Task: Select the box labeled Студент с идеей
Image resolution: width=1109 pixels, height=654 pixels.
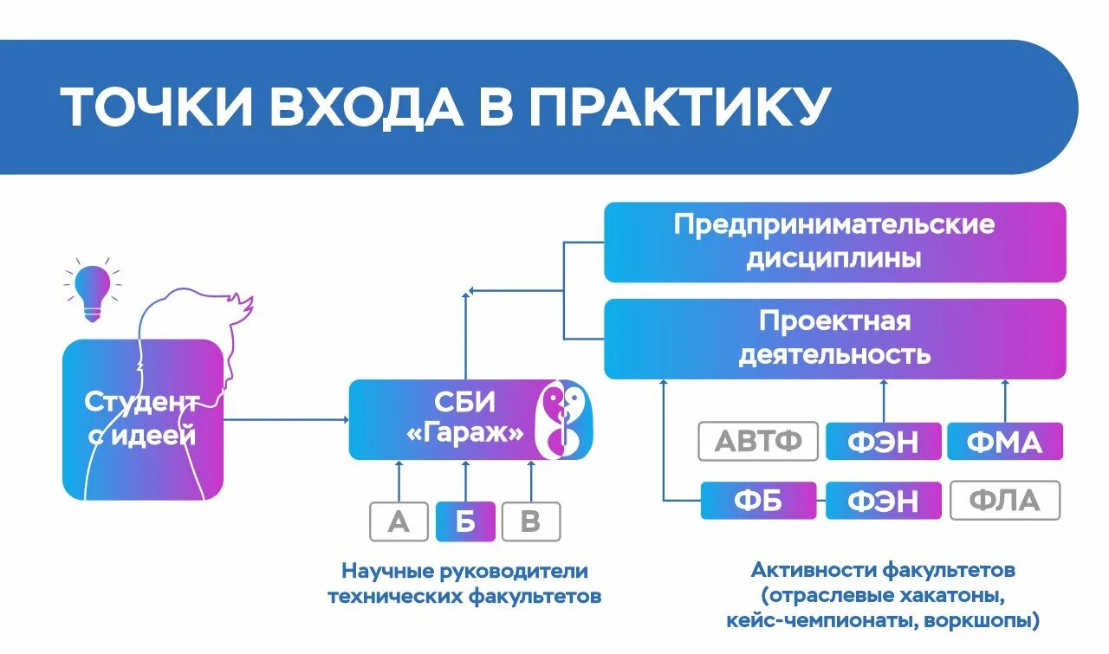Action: pos(142,419)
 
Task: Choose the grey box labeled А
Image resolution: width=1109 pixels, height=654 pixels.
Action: pos(399,521)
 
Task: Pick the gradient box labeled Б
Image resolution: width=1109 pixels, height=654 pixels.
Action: pos(465,521)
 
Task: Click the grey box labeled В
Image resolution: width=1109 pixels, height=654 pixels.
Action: pos(531,521)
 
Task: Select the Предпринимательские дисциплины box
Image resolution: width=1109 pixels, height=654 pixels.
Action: pos(834,242)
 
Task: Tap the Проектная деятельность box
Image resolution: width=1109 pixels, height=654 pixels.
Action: pos(834,338)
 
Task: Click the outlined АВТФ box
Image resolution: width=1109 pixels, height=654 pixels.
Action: pos(758,442)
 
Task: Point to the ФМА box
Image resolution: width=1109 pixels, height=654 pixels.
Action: pos(1005,442)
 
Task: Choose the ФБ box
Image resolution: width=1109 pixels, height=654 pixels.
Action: pos(758,501)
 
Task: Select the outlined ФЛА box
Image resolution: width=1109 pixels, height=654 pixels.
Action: pos(1005,501)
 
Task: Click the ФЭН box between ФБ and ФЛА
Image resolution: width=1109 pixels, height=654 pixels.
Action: pos(883,501)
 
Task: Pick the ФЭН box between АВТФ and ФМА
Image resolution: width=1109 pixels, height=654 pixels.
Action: pos(883,442)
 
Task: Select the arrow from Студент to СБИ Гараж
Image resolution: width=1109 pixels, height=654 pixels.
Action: pos(286,420)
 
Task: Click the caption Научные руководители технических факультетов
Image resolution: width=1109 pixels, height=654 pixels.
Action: pos(464,584)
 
